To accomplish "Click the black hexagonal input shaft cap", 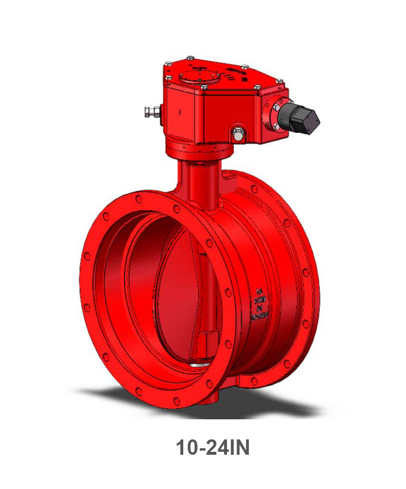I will coord(304,118).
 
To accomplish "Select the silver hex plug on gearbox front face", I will coord(238,133).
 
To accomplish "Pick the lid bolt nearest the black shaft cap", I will coord(258,87).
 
